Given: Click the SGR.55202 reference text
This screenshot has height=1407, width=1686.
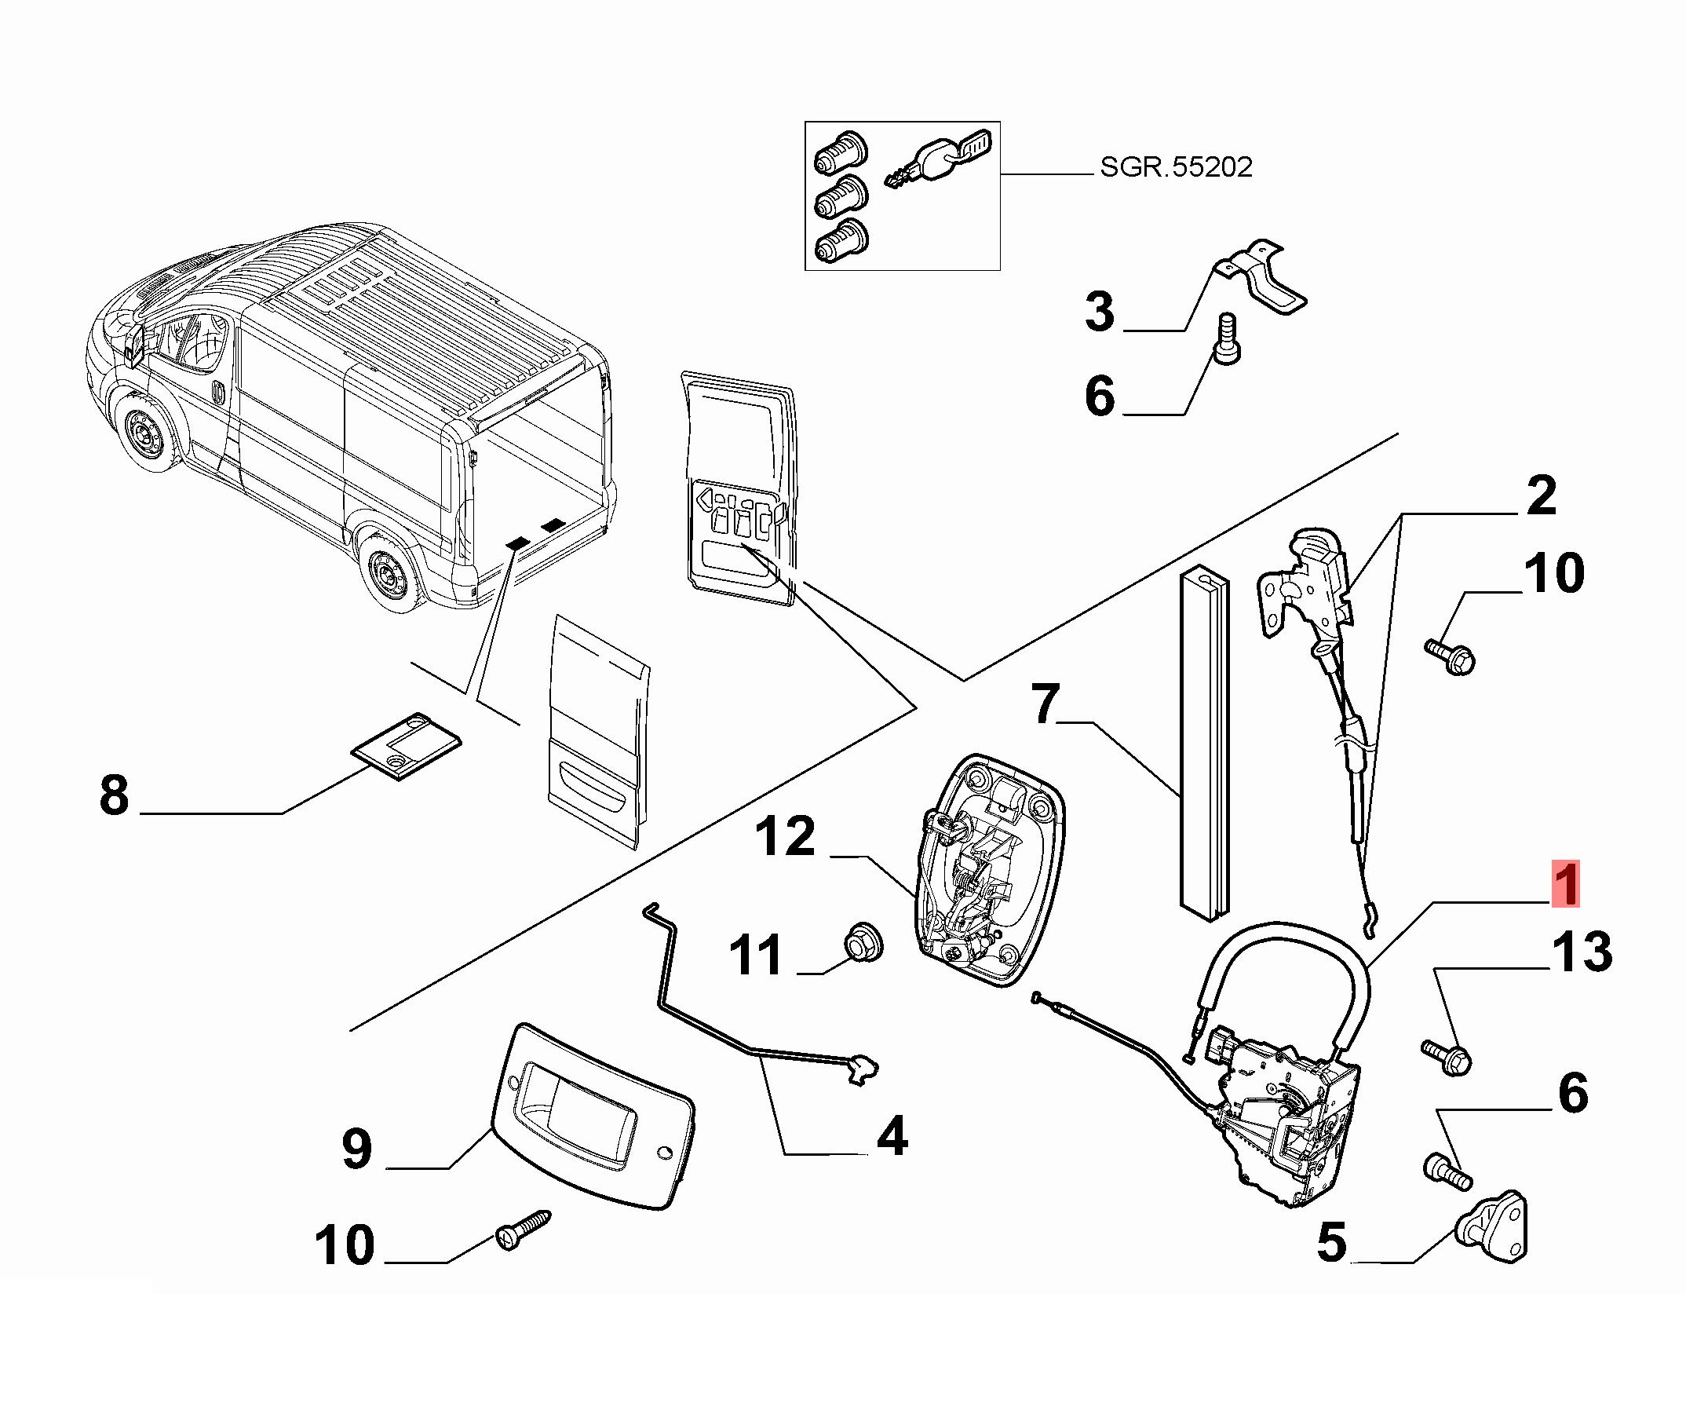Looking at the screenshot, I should point(1175,167).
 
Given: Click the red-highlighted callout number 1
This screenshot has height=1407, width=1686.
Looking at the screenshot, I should point(1565,884).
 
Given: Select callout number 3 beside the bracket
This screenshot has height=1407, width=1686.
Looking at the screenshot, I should point(1099,312).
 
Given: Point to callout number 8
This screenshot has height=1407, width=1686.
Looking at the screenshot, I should point(114,796).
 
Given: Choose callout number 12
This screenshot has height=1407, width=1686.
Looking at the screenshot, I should point(784,837).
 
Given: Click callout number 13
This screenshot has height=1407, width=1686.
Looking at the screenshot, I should point(1580,952).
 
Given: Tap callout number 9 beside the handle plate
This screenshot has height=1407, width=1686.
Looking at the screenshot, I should point(356,1149).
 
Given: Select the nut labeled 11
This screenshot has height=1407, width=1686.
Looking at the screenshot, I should point(864,942).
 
